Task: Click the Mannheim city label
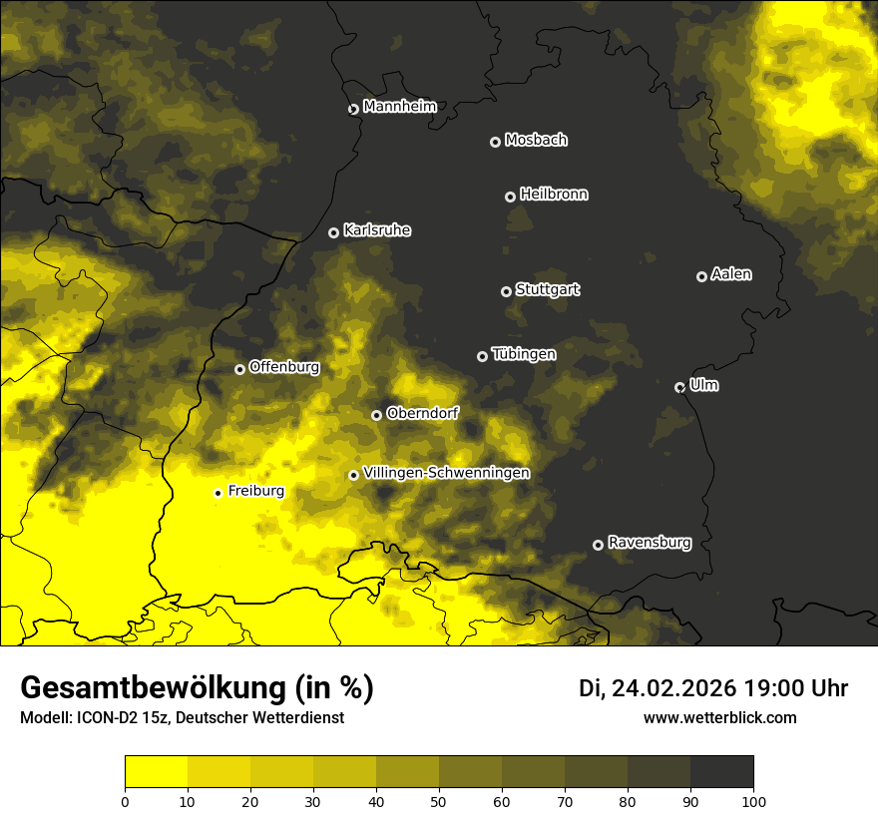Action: tap(399, 107)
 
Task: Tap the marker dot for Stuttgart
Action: tap(506, 291)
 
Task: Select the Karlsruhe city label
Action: tap(376, 230)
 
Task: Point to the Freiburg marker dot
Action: tap(218, 493)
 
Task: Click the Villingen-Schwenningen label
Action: tap(446, 473)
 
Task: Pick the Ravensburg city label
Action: tap(649, 543)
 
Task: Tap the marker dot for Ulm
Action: tap(679, 387)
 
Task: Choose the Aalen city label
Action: tap(731, 274)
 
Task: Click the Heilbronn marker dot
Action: tap(510, 197)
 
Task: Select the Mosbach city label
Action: tap(536, 140)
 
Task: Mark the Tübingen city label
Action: tap(524, 354)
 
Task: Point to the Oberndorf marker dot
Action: tap(376, 415)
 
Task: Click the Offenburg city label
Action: tap(284, 367)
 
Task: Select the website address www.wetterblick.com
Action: tap(719, 717)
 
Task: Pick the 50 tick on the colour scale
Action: tap(439, 800)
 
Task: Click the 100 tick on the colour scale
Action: tap(753, 800)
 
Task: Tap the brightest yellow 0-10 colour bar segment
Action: tap(156, 772)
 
